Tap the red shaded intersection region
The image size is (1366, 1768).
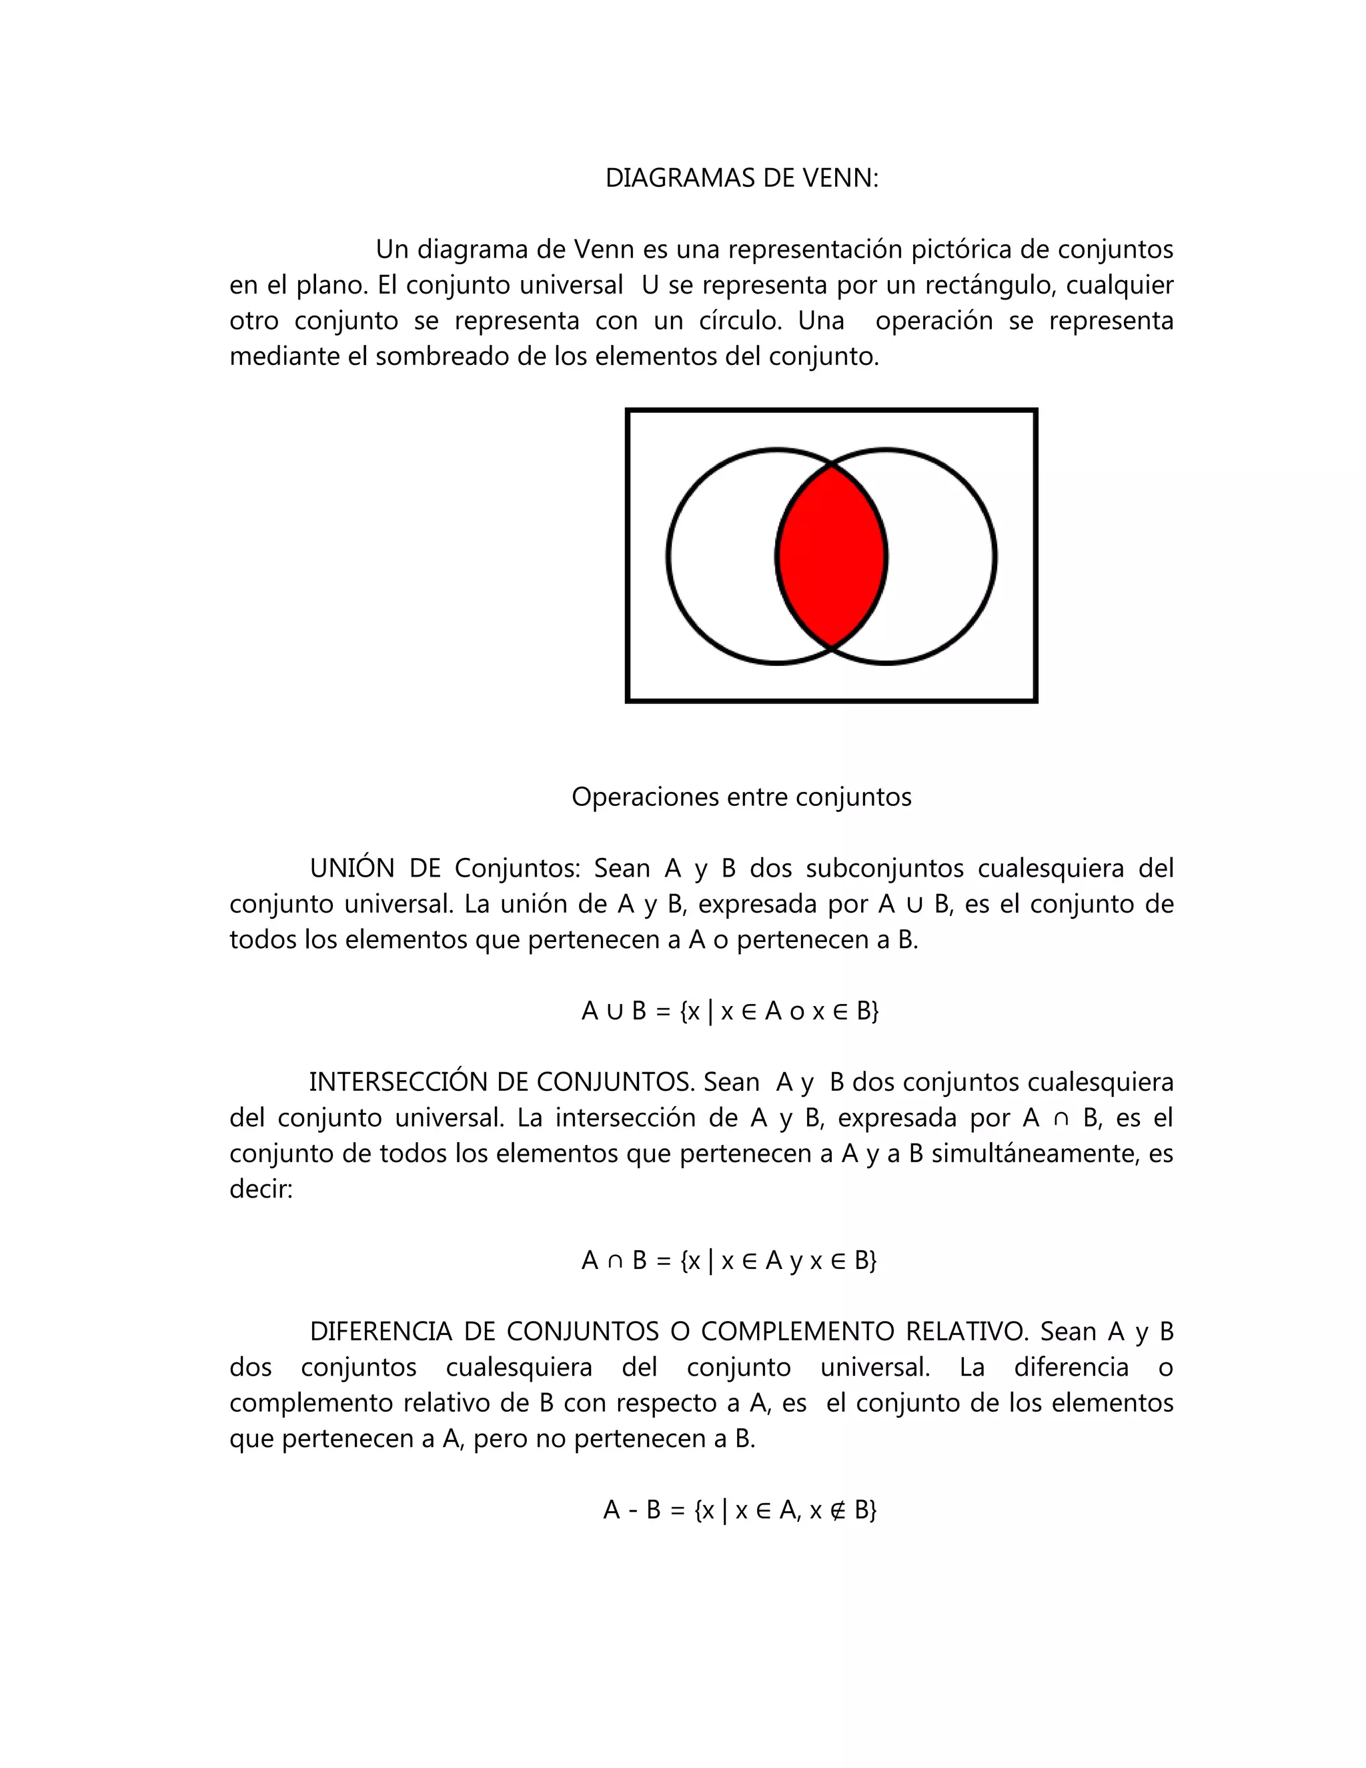831,557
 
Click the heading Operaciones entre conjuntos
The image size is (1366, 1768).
741,797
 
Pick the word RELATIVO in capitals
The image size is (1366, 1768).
966,1331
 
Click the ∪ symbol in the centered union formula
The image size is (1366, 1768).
615,1011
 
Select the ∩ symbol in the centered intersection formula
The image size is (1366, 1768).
615,1260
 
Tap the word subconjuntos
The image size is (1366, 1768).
884,868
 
